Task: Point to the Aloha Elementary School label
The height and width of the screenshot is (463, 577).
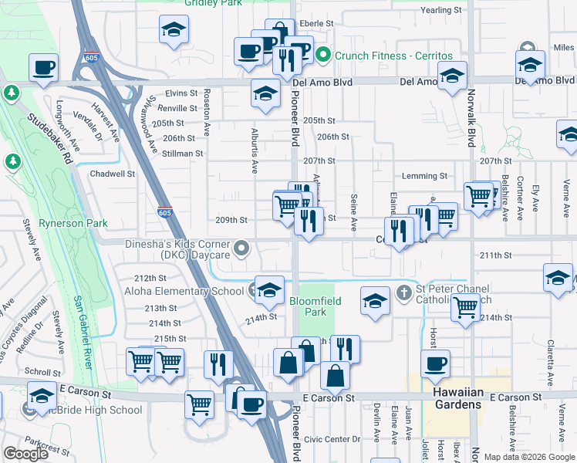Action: point(184,291)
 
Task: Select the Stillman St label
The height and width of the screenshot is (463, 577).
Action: point(183,154)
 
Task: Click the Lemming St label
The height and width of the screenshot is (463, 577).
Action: point(424,177)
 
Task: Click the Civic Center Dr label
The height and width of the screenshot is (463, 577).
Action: point(332,439)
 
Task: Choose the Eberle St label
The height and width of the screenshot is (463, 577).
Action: point(316,24)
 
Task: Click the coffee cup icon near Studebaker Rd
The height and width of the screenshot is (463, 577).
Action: point(44,66)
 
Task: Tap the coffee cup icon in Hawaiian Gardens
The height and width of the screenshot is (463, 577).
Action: point(435,363)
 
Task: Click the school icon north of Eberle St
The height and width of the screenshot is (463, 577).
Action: point(174,30)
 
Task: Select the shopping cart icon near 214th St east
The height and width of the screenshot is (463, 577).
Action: point(466,308)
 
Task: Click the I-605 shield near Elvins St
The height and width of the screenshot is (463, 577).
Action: point(90,57)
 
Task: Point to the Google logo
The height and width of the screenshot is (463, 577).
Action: point(25,454)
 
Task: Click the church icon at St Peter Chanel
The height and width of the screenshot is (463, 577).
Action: point(403,292)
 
